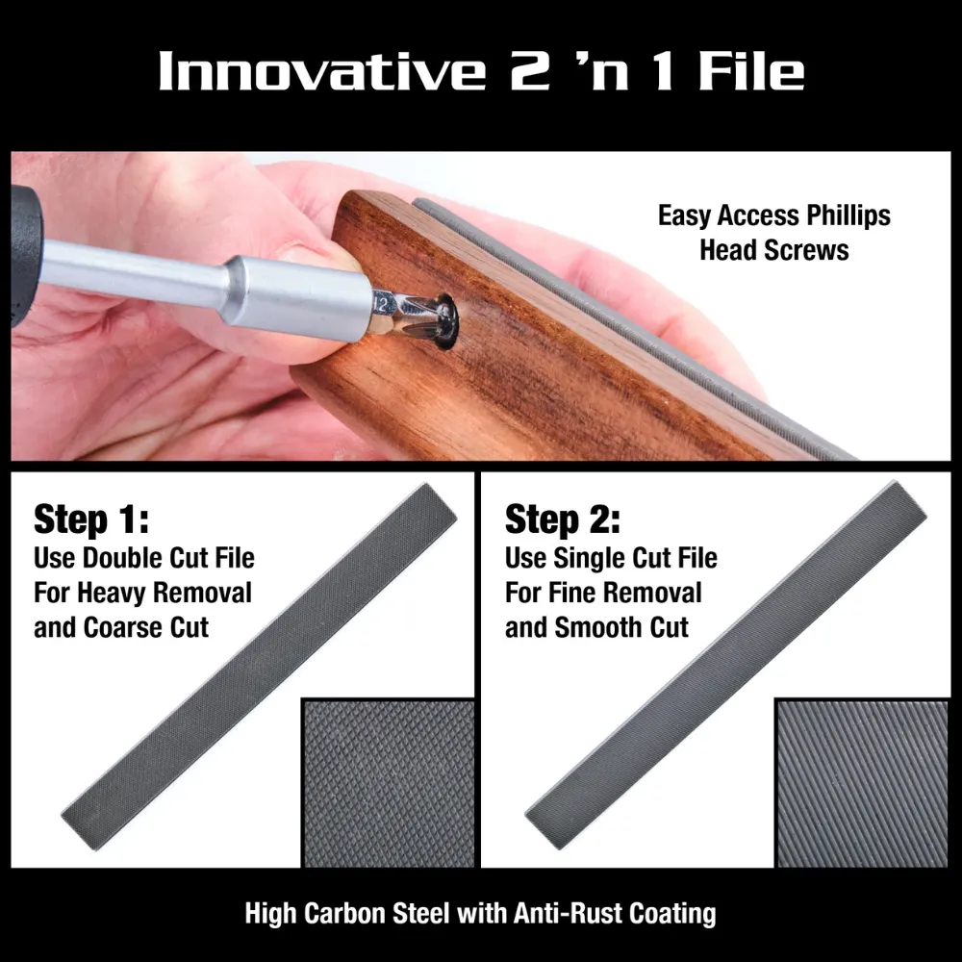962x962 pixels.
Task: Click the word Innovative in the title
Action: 319,72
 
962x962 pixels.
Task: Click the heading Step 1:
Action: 91,520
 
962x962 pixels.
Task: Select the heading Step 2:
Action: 563,520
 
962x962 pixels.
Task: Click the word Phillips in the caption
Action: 843,215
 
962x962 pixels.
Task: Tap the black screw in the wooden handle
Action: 445,319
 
